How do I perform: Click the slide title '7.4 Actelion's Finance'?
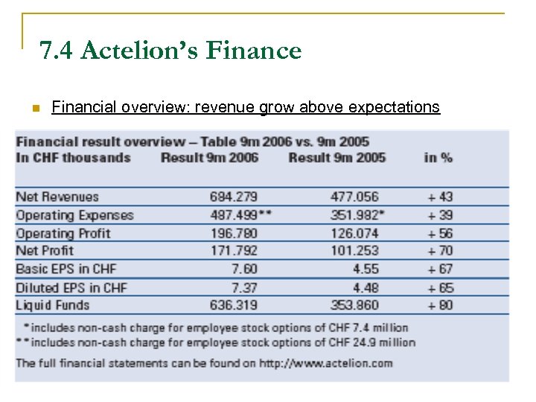click(x=170, y=51)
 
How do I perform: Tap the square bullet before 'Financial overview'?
click(x=34, y=109)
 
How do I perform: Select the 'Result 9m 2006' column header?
click(x=210, y=157)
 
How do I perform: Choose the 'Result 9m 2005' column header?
click(x=337, y=157)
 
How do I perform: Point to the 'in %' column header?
click(x=438, y=157)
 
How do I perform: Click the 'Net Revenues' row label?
click(x=57, y=197)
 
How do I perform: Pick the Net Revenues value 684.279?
click(x=234, y=197)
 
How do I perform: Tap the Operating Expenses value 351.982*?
click(x=357, y=215)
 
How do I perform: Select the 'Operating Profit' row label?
click(x=63, y=233)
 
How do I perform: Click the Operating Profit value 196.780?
click(x=234, y=233)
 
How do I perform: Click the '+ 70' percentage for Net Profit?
click(x=441, y=251)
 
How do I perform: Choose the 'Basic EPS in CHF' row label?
click(x=66, y=269)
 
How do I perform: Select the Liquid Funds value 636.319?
click(x=234, y=305)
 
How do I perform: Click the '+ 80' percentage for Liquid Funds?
click(x=441, y=305)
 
